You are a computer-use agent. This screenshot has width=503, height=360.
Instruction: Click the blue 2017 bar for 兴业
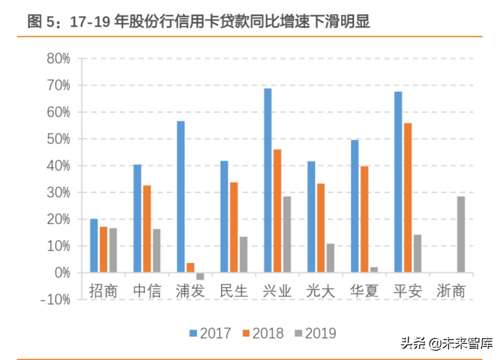click(x=267, y=180)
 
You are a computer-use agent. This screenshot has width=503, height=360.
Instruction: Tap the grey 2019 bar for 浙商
click(x=460, y=234)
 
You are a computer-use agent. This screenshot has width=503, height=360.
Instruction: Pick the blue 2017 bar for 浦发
click(x=181, y=197)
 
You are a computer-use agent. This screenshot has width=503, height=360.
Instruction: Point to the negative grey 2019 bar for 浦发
click(x=200, y=276)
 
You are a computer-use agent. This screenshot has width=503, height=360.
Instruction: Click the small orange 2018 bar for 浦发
click(x=191, y=268)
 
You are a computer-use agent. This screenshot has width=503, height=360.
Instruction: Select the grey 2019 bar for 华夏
click(x=374, y=270)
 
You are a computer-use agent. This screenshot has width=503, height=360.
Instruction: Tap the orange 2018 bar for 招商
click(x=103, y=249)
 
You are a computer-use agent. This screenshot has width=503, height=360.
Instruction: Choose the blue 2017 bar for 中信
click(x=137, y=218)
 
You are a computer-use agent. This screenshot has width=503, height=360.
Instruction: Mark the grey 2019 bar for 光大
click(x=330, y=258)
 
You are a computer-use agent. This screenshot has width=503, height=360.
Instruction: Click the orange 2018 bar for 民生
click(x=234, y=227)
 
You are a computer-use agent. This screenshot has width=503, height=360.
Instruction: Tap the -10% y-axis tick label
click(x=55, y=299)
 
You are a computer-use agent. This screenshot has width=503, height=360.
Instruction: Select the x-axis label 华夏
click(x=364, y=291)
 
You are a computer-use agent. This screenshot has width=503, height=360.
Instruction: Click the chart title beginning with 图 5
click(x=199, y=22)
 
